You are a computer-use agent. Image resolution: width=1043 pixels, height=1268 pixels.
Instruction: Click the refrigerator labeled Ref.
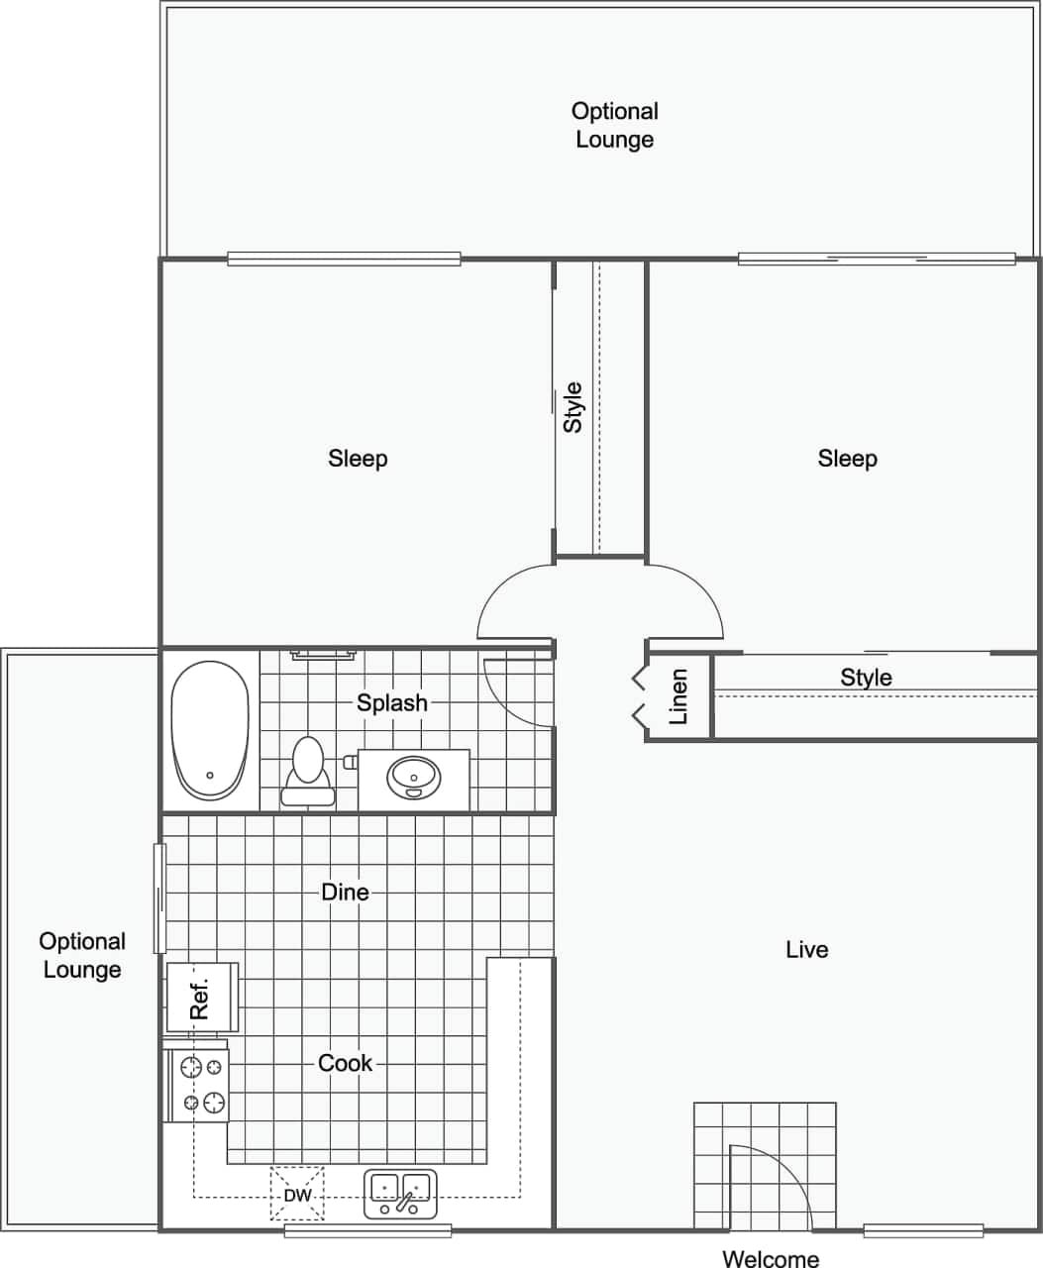click(x=202, y=998)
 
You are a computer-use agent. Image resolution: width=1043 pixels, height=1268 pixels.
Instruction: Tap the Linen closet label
click(x=678, y=697)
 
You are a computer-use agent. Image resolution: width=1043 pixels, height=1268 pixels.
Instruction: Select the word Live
click(x=806, y=949)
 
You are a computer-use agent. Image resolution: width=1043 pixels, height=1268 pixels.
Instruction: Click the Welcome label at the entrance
click(x=770, y=1258)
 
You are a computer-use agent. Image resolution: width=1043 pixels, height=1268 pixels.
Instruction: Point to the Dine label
click(x=345, y=892)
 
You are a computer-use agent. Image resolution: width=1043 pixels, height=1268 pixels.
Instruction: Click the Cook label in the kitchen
click(x=345, y=1063)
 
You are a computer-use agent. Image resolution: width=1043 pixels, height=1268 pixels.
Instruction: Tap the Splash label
click(x=392, y=702)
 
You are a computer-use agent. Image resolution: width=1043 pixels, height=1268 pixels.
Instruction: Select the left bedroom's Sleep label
click(x=358, y=458)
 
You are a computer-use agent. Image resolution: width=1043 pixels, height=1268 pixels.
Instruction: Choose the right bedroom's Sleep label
click(x=847, y=458)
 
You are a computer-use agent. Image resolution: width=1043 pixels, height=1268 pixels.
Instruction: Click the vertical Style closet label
click(x=573, y=407)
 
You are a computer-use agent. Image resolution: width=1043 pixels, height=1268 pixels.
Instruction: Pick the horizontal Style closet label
click(x=866, y=678)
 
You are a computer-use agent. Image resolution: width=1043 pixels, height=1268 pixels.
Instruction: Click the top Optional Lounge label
click(x=614, y=125)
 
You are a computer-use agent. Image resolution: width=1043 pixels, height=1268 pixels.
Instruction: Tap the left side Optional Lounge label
click(x=82, y=955)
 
